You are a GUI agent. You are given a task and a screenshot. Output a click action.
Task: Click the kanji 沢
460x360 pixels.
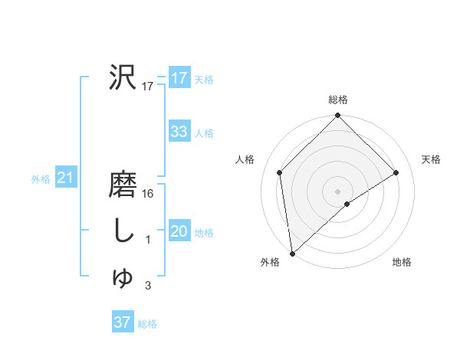123,77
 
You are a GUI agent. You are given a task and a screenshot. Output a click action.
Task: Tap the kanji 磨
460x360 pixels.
123,185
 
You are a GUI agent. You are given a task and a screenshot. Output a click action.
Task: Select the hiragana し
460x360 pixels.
123,231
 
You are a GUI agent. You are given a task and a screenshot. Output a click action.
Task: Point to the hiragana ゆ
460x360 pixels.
123,278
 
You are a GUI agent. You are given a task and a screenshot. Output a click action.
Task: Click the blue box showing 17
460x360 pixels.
179,77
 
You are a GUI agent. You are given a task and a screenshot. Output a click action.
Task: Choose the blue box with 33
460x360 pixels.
179,132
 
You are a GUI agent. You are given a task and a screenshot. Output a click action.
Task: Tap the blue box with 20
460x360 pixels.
179,231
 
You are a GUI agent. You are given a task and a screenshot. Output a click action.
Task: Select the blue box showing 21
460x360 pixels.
65,178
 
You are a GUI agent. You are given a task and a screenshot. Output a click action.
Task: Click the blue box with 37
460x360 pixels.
122,322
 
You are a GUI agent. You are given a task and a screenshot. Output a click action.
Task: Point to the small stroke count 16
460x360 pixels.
149,194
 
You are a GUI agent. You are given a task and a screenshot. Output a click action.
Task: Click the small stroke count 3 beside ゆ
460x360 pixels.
149,286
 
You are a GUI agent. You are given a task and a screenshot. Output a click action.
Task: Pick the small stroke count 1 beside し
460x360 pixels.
149,241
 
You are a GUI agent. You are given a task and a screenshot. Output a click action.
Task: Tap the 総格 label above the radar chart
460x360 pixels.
338,100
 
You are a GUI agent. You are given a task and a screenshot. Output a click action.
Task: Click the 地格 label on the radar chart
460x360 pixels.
402,262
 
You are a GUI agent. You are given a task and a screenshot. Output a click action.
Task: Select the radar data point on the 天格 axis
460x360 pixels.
396,172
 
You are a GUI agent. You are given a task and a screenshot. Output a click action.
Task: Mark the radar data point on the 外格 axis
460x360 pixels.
292,254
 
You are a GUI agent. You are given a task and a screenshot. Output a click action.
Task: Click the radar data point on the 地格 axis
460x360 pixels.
347,204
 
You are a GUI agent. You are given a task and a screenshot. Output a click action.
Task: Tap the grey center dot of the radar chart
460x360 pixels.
338,191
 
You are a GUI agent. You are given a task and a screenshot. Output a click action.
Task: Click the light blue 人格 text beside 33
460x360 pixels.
204,133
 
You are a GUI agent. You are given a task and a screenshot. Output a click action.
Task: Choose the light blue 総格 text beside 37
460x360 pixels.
147,324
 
